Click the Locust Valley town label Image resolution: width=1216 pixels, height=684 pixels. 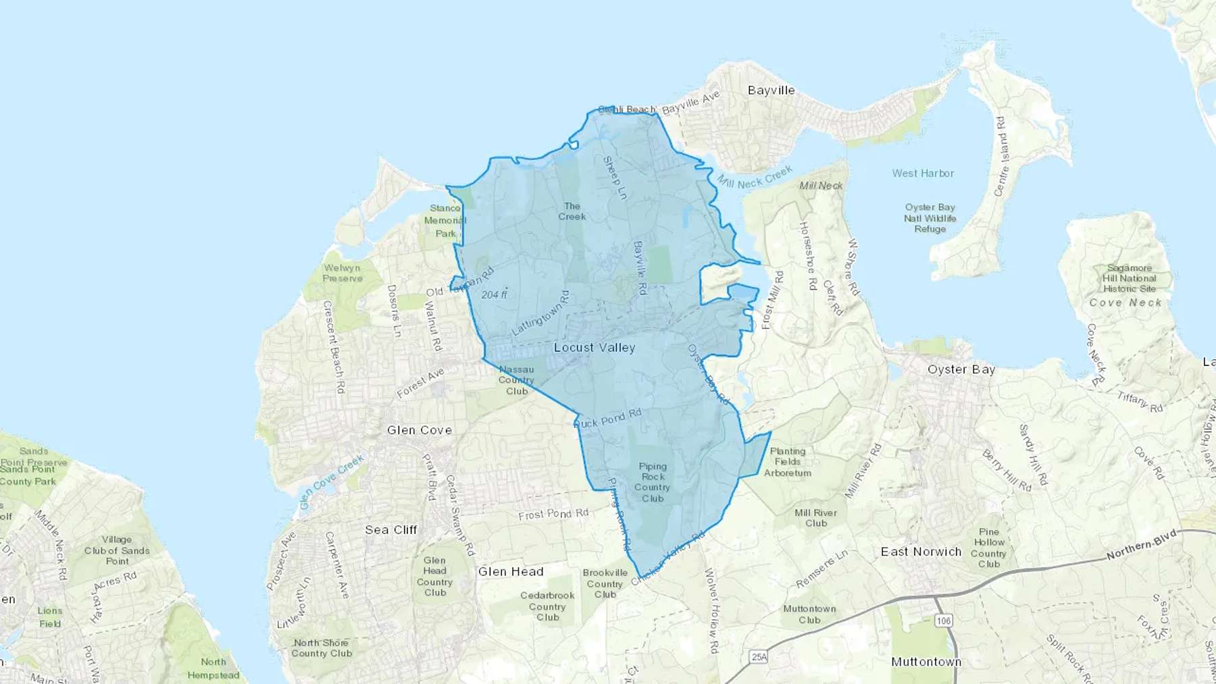[594, 348]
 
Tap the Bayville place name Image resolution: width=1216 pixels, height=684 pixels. [771, 90]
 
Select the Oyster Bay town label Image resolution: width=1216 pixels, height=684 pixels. [961, 369]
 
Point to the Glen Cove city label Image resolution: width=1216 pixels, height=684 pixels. [420, 430]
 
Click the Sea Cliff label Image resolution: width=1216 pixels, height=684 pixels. [391, 530]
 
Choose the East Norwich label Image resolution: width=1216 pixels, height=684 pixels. [921, 552]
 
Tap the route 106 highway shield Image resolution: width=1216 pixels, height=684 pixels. [943, 621]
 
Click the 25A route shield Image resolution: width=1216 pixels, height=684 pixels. [759, 657]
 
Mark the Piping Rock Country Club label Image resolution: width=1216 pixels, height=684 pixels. [653, 482]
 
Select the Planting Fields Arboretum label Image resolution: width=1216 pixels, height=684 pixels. [788, 462]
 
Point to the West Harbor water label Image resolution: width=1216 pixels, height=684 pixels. [923, 174]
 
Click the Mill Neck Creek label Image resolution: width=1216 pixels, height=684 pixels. [755, 178]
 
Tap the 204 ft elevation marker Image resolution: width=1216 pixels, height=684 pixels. [495, 294]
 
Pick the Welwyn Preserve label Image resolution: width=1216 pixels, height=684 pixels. [343, 273]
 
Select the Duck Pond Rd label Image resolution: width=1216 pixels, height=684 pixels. [608, 419]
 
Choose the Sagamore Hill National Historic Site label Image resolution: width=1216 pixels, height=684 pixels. [1129, 278]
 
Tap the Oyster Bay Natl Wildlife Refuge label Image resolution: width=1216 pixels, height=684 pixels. [930, 218]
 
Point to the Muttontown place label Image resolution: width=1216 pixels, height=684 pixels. [926, 662]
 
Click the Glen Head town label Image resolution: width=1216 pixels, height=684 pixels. [511, 572]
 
